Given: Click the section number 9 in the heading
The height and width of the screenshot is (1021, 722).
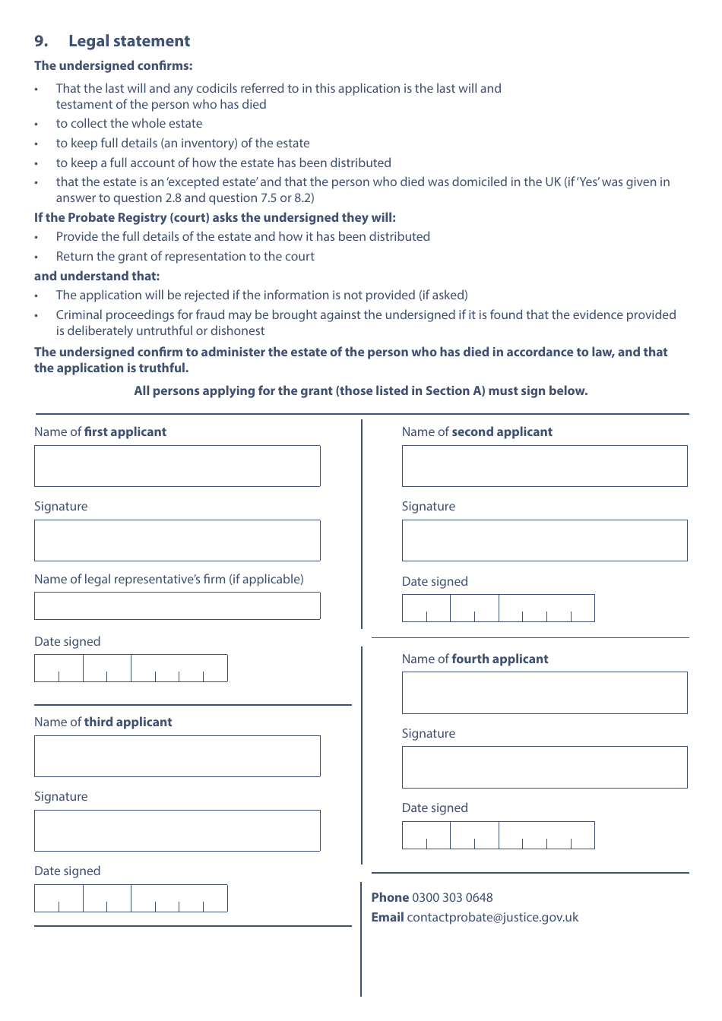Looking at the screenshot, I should click(x=41, y=41).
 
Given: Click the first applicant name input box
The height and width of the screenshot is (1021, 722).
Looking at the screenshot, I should click(x=177, y=466).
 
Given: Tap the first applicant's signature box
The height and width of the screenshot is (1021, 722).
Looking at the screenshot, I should click(x=177, y=540).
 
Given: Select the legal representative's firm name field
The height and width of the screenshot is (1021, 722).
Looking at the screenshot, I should click(x=177, y=605).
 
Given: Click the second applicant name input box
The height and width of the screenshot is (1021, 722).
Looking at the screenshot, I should click(x=544, y=466).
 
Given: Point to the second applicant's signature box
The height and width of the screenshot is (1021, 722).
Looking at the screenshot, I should click(x=544, y=540).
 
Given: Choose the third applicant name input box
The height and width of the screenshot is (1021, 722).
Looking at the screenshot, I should click(x=177, y=756).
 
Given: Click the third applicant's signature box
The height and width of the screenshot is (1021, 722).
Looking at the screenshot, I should click(x=177, y=830).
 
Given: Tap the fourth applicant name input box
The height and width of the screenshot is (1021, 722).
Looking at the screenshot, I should click(x=544, y=692).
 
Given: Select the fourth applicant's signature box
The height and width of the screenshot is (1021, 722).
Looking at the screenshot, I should click(x=544, y=767).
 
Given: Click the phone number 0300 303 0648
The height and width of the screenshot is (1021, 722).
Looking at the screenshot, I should click(x=452, y=897).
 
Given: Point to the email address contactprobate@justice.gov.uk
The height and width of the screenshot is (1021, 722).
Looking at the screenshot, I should click(x=492, y=917).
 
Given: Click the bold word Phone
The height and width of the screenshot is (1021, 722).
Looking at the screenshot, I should click(x=390, y=897).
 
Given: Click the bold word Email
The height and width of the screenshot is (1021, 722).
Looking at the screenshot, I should click(x=388, y=917).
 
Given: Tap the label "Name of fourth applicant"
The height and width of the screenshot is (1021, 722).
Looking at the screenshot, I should click(x=475, y=659).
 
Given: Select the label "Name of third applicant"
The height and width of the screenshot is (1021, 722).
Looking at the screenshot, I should click(x=103, y=722).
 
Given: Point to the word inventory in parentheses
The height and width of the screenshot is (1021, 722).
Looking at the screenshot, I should click(x=208, y=143).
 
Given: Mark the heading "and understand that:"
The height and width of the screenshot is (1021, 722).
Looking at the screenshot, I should click(x=97, y=276).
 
